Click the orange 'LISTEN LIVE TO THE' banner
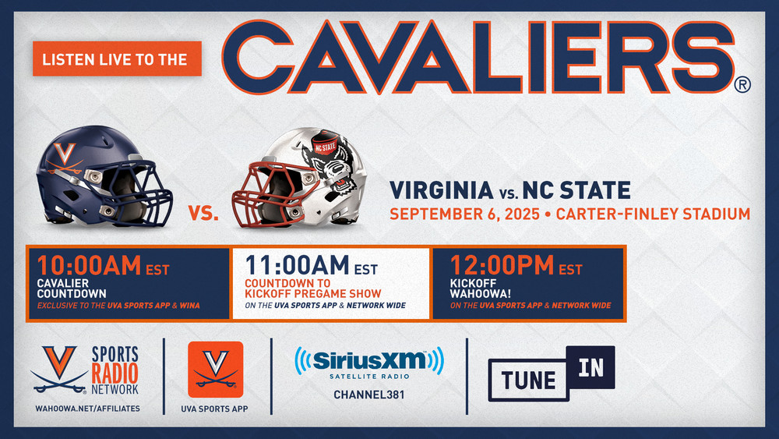(x=118, y=58)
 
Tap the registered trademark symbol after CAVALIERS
(x=742, y=84)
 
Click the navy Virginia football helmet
(x=104, y=176)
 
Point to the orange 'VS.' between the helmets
(x=203, y=214)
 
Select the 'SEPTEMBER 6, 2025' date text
(x=464, y=214)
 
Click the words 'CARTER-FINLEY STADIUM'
(x=653, y=214)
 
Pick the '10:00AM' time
(x=89, y=265)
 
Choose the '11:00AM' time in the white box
(x=297, y=265)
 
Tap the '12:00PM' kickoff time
(x=502, y=265)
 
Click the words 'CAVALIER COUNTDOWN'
(x=72, y=289)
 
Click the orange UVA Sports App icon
(x=216, y=370)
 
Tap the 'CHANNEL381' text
(x=369, y=395)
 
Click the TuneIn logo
(x=552, y=374)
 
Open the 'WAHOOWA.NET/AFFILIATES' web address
(x=87, y=409)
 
